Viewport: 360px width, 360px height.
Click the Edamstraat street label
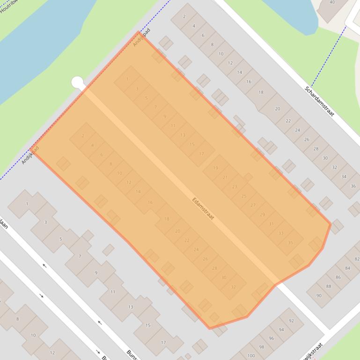(203, 209)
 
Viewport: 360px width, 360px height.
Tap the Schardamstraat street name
(320, 101)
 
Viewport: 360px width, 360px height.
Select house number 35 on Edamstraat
(290, 243)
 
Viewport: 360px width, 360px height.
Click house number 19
(215, 168)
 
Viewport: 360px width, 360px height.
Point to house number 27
(253, 205)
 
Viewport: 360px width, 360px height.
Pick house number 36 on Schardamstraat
(353, 186)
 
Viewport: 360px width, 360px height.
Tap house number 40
(332, 2)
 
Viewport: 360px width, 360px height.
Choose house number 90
(319, 295)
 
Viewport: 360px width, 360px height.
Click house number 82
(357, 259)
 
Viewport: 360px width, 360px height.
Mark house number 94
(281, 330)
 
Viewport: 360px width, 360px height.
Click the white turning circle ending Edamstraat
(77, 82)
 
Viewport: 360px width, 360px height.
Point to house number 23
(235, 187)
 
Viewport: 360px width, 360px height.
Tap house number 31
(272, 224)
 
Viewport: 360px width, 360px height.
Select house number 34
(344, 177)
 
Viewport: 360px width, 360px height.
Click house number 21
(225, 177)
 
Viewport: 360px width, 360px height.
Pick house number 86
(338, 277)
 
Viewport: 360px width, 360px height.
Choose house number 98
(262, 347)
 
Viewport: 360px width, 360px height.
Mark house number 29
(262, 215)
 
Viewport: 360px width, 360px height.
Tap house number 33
(281, 233)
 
